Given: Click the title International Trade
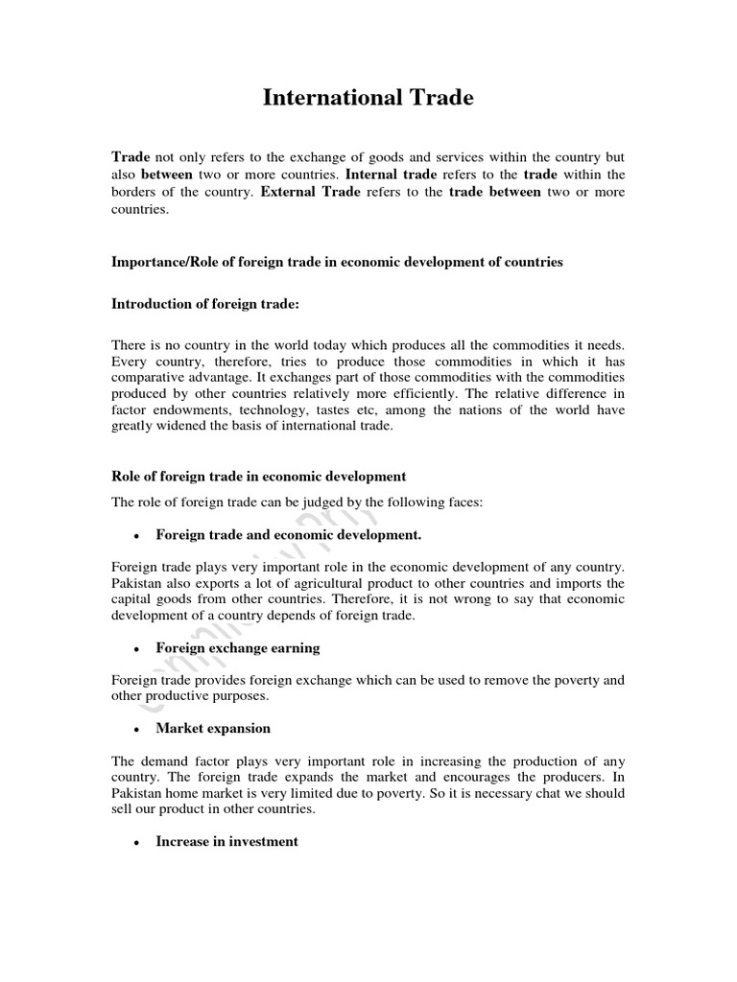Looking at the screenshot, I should [368, 98].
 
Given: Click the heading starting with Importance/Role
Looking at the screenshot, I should [337, 261].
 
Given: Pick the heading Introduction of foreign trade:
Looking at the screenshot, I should [205, 304].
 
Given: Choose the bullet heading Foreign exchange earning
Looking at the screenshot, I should [237, 647].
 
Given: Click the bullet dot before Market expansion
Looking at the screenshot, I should [140, 730].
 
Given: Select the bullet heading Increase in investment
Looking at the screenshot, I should [227, 841].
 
